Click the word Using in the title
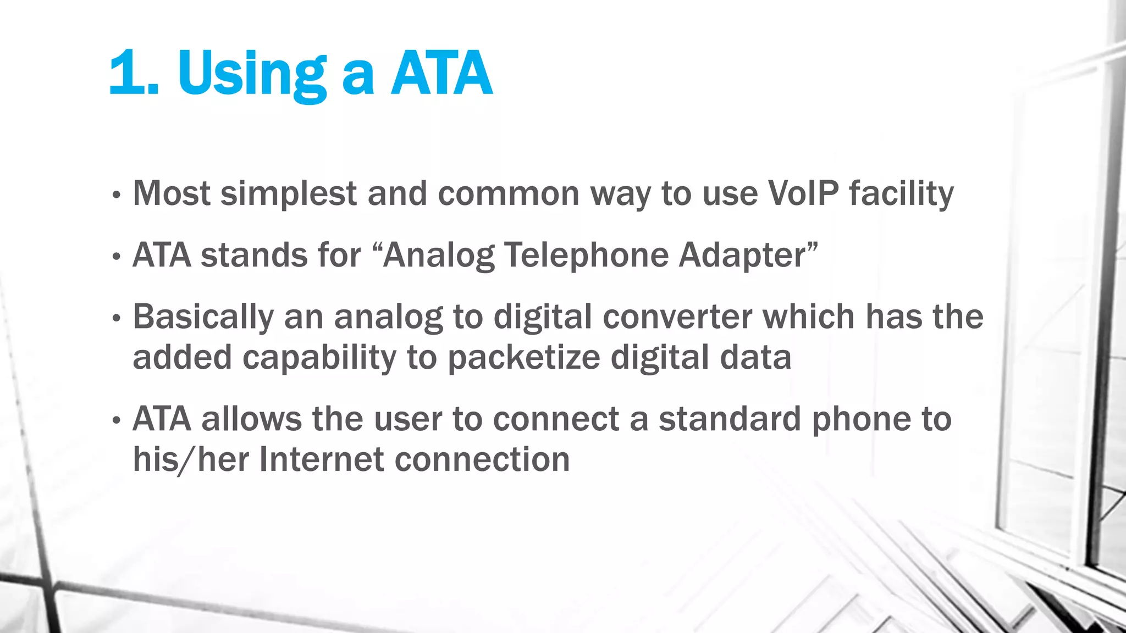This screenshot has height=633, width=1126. coord(252,74)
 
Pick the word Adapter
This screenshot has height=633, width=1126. coord(742,256)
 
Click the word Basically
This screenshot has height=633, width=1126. coord(203,317)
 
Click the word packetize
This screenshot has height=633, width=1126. coord(523,358)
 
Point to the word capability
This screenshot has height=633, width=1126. coord(319,358)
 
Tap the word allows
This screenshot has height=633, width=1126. coord(251,419)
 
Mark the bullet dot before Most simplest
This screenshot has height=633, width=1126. coord(115,195)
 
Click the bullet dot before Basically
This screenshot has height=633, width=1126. coord(115,318)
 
